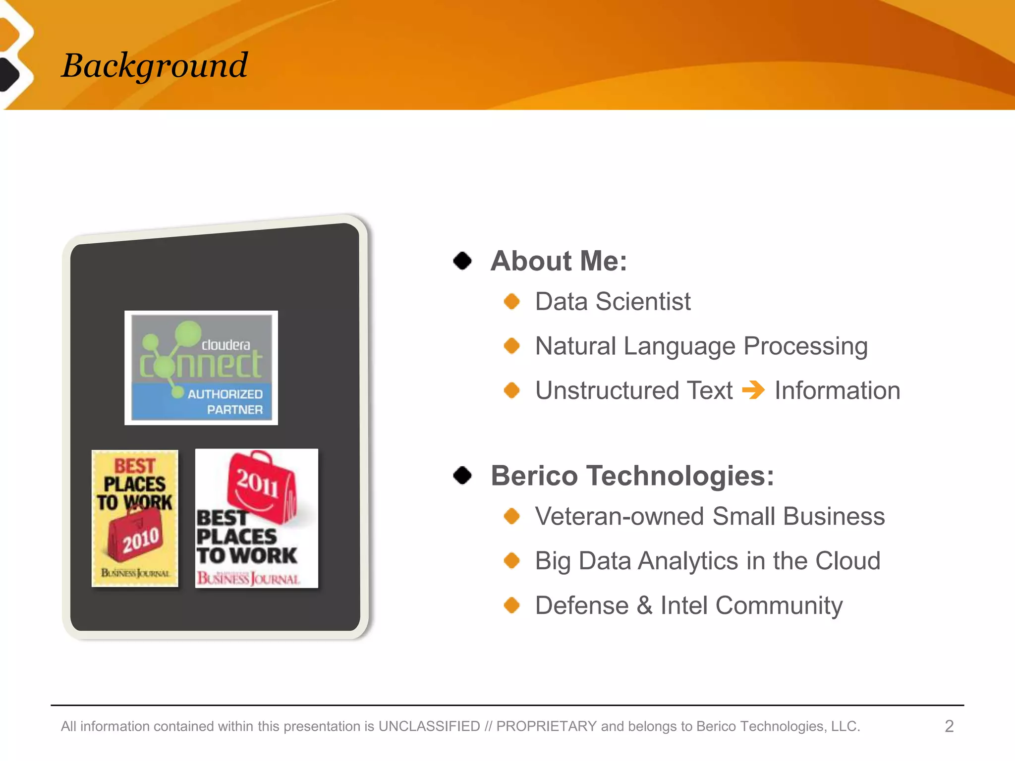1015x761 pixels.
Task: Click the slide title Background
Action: click(154, 65)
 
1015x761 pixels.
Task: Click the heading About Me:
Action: click(559, 261)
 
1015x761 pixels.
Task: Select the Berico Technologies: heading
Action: click(632, 476)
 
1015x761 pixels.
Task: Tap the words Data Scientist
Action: click(613, 302)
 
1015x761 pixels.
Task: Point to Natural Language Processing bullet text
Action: click(701, 346)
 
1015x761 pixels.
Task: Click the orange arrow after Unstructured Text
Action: click(753, 390)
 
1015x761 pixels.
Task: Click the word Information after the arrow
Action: click(837, 391)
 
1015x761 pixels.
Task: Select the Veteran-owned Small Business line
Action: click(710, 517)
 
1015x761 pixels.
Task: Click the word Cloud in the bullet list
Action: click(847, 561)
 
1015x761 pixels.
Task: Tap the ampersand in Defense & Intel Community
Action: click(644, 606)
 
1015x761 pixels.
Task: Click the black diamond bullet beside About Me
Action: click(462, 261)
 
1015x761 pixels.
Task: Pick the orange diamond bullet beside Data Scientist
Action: click(511, 301)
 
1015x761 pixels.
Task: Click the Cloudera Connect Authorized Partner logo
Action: click(201, 367)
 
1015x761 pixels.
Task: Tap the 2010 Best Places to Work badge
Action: click(135, 518)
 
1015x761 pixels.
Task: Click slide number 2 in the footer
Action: click(949, 726)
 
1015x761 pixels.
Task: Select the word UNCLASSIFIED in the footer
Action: click(429, 726)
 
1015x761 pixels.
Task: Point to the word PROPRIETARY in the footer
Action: click(546, 726)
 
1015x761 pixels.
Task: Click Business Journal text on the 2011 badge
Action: click(248, 579)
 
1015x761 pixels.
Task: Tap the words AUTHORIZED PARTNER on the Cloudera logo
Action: click(226, 402)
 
